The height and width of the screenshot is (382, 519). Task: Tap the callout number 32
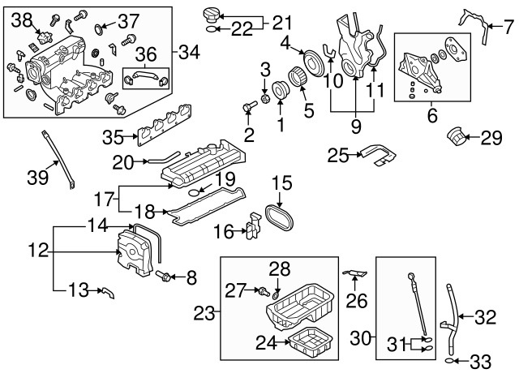tap(485, 318)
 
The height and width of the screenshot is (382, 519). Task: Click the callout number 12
tap(38, 252)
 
